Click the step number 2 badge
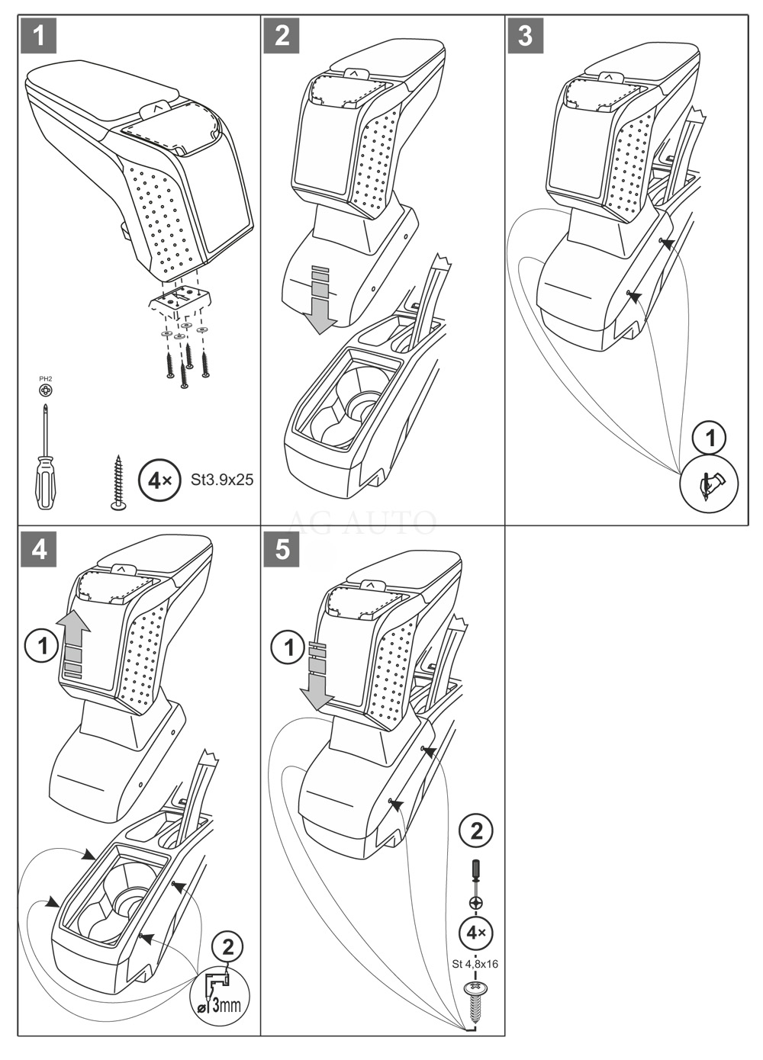(282, 36)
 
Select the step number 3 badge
(525, 36)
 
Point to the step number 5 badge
(282, 550)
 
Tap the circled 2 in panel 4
(227, 948)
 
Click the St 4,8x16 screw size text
(475, 964)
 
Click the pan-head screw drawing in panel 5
(475, 999)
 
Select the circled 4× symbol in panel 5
(476, 932)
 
